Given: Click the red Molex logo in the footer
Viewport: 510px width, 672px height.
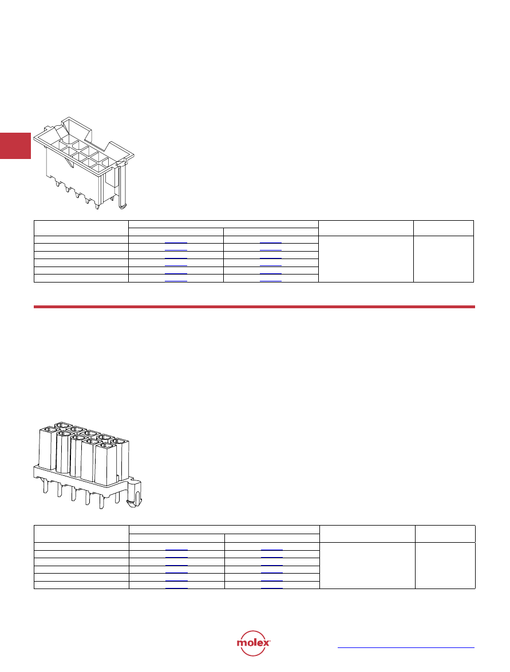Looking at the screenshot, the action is [x=253, y=643].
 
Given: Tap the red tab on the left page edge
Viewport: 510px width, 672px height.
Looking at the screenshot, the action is [x=15, y=146].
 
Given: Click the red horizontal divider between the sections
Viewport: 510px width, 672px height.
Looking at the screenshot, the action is [x=254, y=307].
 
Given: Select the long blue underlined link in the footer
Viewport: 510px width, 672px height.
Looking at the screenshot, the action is [x=406, y=647].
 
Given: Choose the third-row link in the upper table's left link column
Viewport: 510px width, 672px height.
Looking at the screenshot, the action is [x=176, y=259].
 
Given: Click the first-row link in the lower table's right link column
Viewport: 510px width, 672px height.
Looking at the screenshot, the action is [x=271, y=550].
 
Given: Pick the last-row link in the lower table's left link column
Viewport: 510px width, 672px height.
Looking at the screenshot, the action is [x=176, y=588].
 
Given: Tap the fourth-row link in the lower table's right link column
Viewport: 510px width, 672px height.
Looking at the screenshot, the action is [x=271, y=573].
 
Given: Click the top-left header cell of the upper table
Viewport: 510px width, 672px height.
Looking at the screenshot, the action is [x=81, y=228].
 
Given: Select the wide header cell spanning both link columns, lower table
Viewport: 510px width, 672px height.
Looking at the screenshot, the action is [x=224, y=530].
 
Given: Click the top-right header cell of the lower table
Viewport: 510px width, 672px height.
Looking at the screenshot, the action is [x=445, y=534].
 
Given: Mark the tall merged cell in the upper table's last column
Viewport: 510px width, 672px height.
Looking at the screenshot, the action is [x=444, y=259].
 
